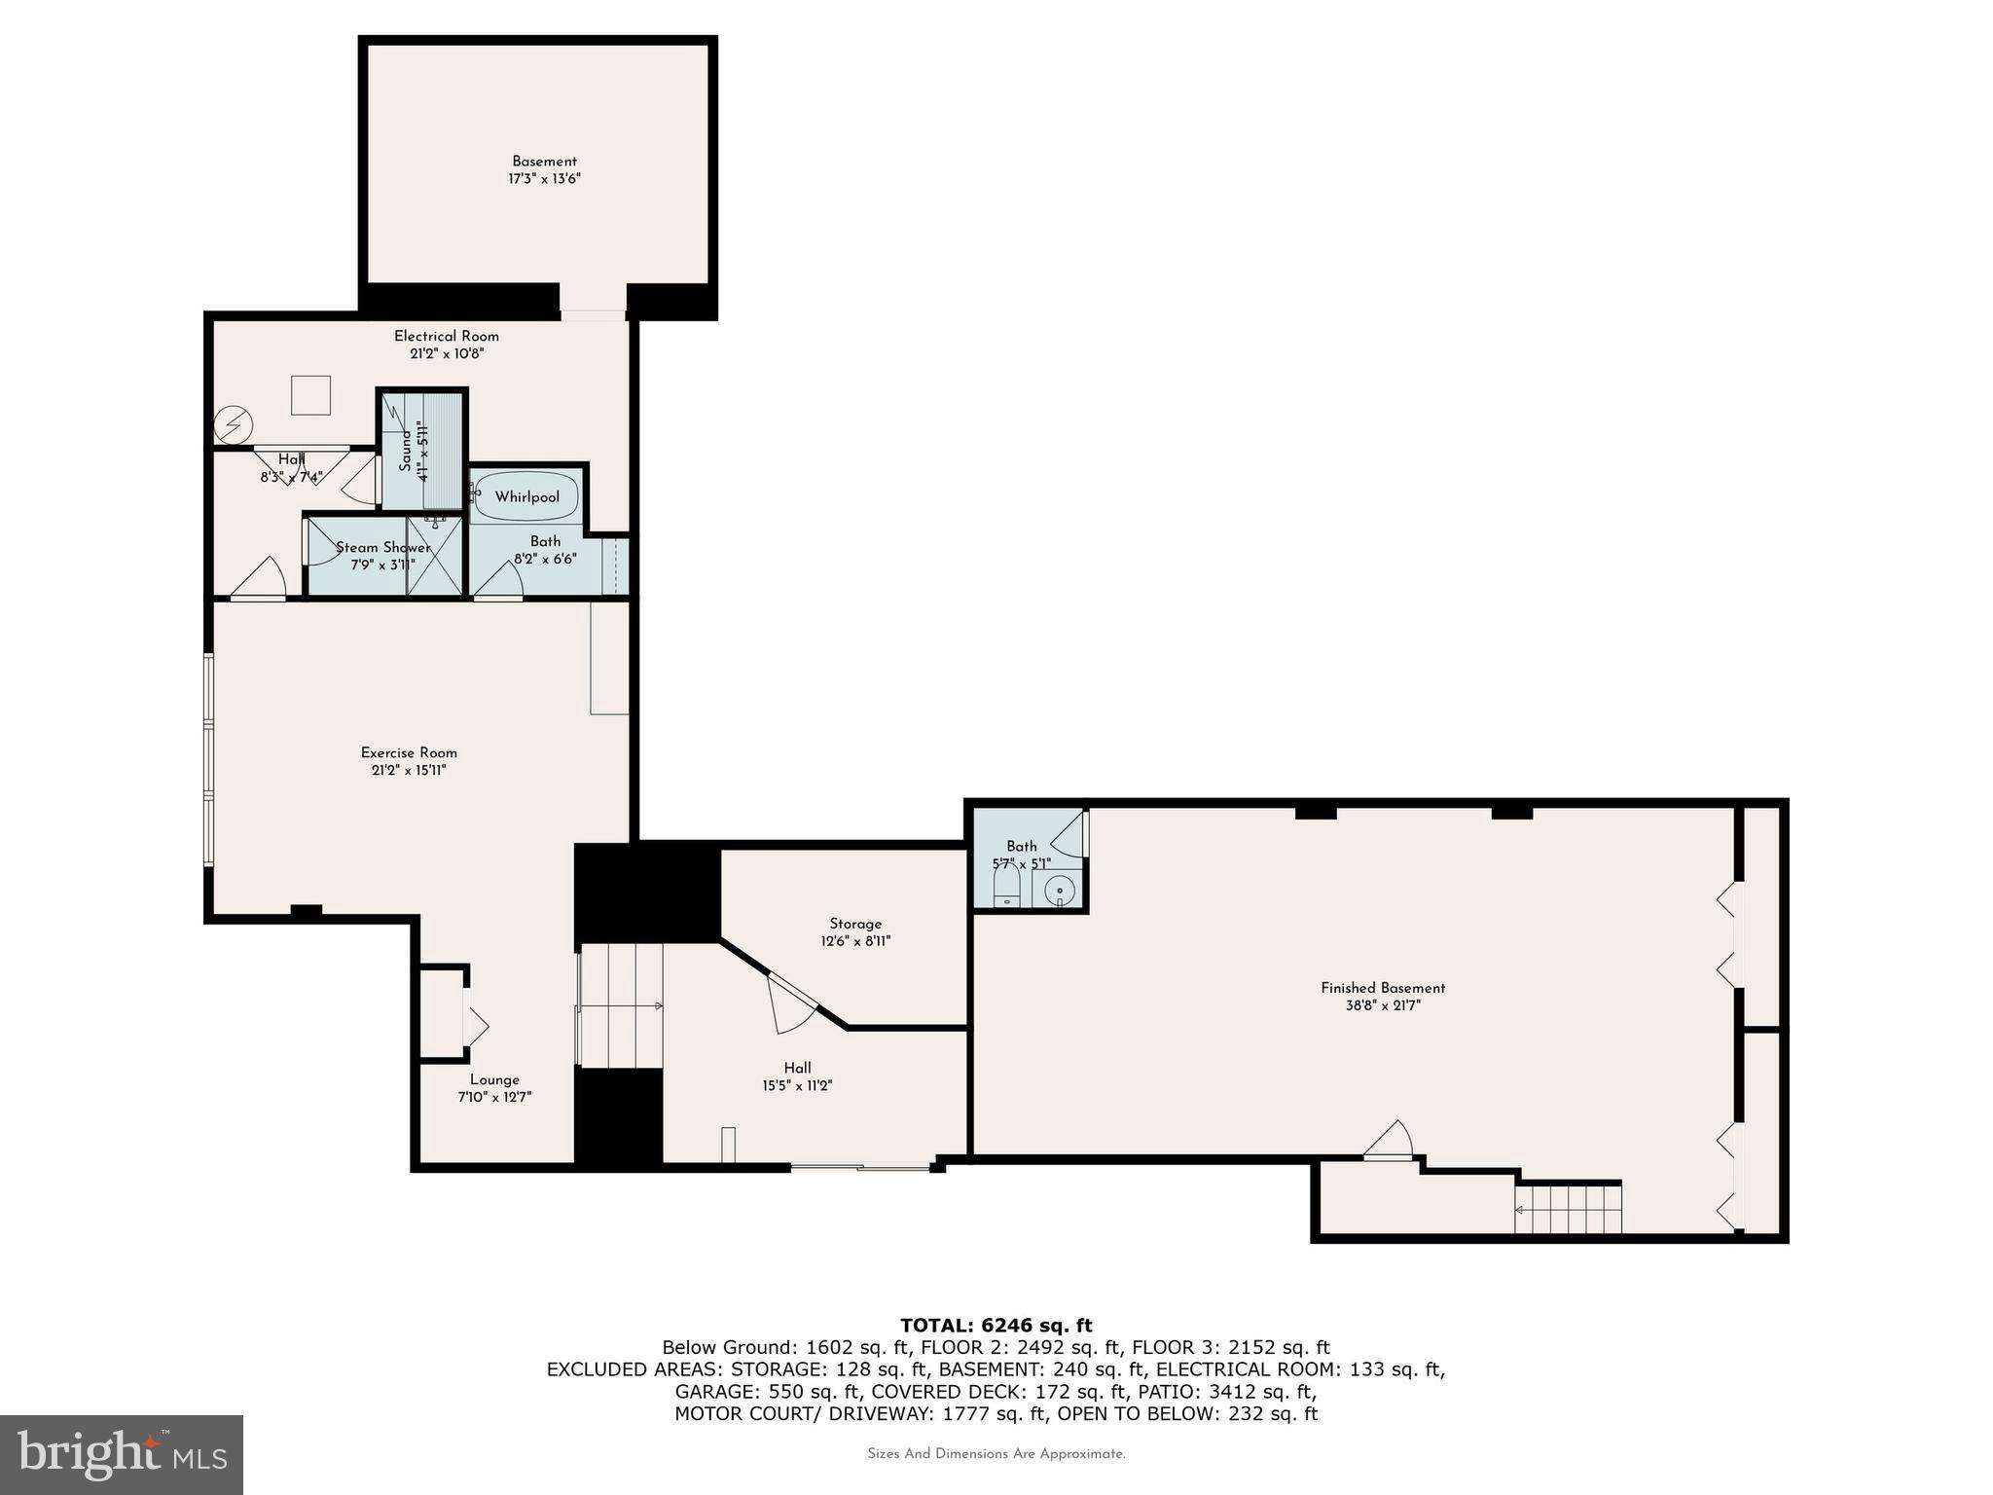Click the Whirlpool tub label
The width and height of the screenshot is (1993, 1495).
point(526,497)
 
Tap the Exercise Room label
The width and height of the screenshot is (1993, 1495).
point(409,752)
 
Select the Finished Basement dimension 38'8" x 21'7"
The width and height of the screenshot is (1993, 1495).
point(1383,1005)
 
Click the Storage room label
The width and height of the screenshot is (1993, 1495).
point(855,924)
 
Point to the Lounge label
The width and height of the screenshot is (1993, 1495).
point(494,1079)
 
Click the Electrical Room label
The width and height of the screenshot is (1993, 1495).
point(446,336)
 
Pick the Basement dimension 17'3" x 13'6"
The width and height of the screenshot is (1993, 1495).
point(544,179)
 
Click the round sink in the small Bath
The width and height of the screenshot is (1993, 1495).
point(1059,890)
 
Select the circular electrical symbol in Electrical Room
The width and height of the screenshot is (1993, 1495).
point(234,425)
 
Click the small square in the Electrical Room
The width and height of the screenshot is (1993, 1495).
point(310,395)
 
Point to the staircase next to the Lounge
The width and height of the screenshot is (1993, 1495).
point(620,1004)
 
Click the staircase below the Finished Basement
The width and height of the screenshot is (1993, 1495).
point(1567,1208)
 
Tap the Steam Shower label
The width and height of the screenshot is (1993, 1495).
point(382,547)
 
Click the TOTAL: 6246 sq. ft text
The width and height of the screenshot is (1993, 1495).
point(996,1325)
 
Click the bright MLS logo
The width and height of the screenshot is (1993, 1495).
point(122,1454)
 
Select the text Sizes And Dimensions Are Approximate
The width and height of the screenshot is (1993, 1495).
point(996,1454)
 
